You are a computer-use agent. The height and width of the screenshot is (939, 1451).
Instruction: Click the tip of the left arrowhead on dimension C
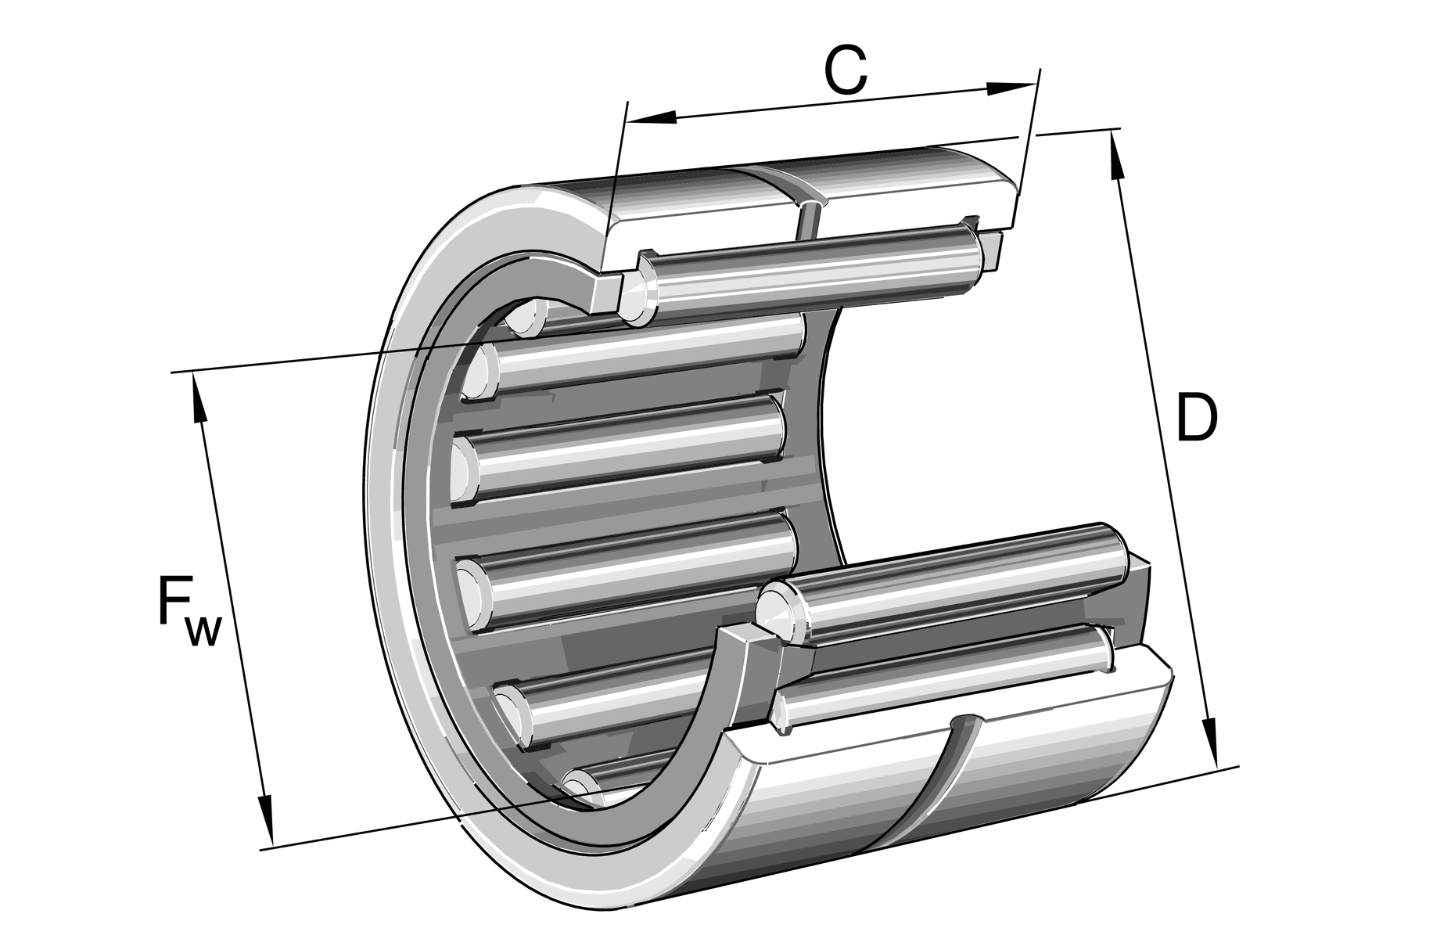click(628, 121)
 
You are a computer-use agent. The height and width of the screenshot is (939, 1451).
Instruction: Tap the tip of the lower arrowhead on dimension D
click(1217, 766)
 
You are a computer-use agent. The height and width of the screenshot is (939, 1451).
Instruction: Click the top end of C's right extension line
click(1040, 69)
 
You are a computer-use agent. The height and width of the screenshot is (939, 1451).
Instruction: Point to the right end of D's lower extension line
click(1239, 766)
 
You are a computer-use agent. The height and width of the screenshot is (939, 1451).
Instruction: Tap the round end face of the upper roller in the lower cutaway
click(776, 606)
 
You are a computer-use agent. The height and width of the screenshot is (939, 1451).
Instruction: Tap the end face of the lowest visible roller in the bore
click(580, 787)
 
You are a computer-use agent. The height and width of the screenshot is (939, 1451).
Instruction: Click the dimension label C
click(845, 70)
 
